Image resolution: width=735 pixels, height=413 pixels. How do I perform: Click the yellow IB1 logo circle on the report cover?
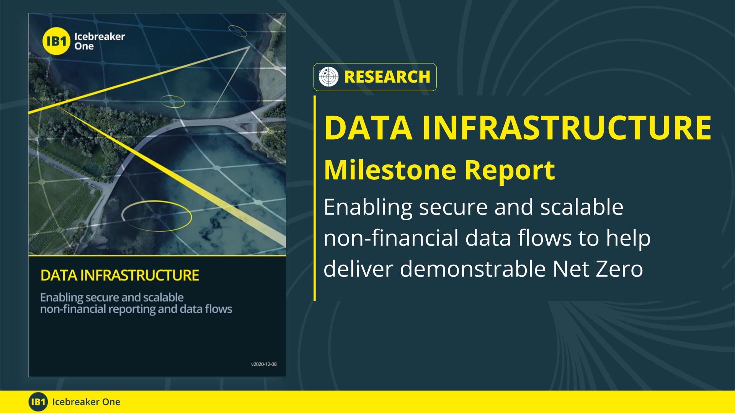[x=56, y=42]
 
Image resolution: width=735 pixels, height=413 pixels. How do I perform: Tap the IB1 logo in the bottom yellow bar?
[x=38, y=402]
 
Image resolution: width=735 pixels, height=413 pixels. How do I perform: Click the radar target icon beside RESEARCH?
[x=329, y=77]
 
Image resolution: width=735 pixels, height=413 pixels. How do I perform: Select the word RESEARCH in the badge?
[x=387, y=77]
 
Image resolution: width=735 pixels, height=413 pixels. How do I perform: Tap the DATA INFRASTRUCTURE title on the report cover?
[x=120, y=275]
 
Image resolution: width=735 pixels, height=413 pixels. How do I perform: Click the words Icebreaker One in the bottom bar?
[x=86, y=402]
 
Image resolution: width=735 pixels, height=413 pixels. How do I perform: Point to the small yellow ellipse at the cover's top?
[x=238, y=31]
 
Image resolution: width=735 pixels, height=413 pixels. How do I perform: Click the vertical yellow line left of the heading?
[x=315, y=198]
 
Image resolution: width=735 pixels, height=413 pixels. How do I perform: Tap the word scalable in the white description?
[x=581, y=207]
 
